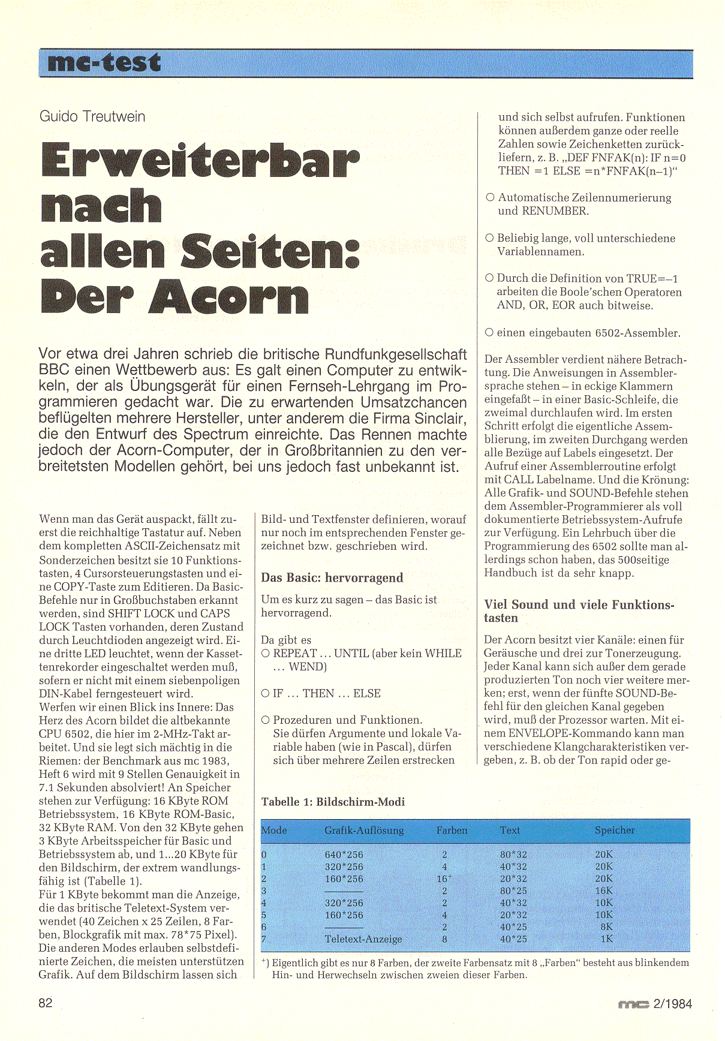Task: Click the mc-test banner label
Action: coord(104,63)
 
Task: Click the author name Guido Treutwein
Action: coord(92,116)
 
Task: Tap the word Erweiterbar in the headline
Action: coord(200,161)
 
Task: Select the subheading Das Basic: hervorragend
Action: coord(332,578)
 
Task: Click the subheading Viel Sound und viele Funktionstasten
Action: coord(579,611)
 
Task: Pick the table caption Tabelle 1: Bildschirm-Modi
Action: coord(333,802)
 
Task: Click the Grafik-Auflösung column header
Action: coord(364,831)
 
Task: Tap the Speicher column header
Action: coord(614,831)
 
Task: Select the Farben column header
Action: coord(452,831)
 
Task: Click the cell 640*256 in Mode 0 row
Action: coord(344,855)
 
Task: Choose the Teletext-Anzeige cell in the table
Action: coord(363,940)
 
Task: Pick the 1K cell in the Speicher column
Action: coord(606,939)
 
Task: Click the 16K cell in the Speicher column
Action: coord(604,891)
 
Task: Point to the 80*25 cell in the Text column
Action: coord(513,891)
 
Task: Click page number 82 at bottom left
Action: coord(46,1003)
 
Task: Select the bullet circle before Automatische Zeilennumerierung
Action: coord(490,197)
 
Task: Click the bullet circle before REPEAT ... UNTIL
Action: coord(266,654)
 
